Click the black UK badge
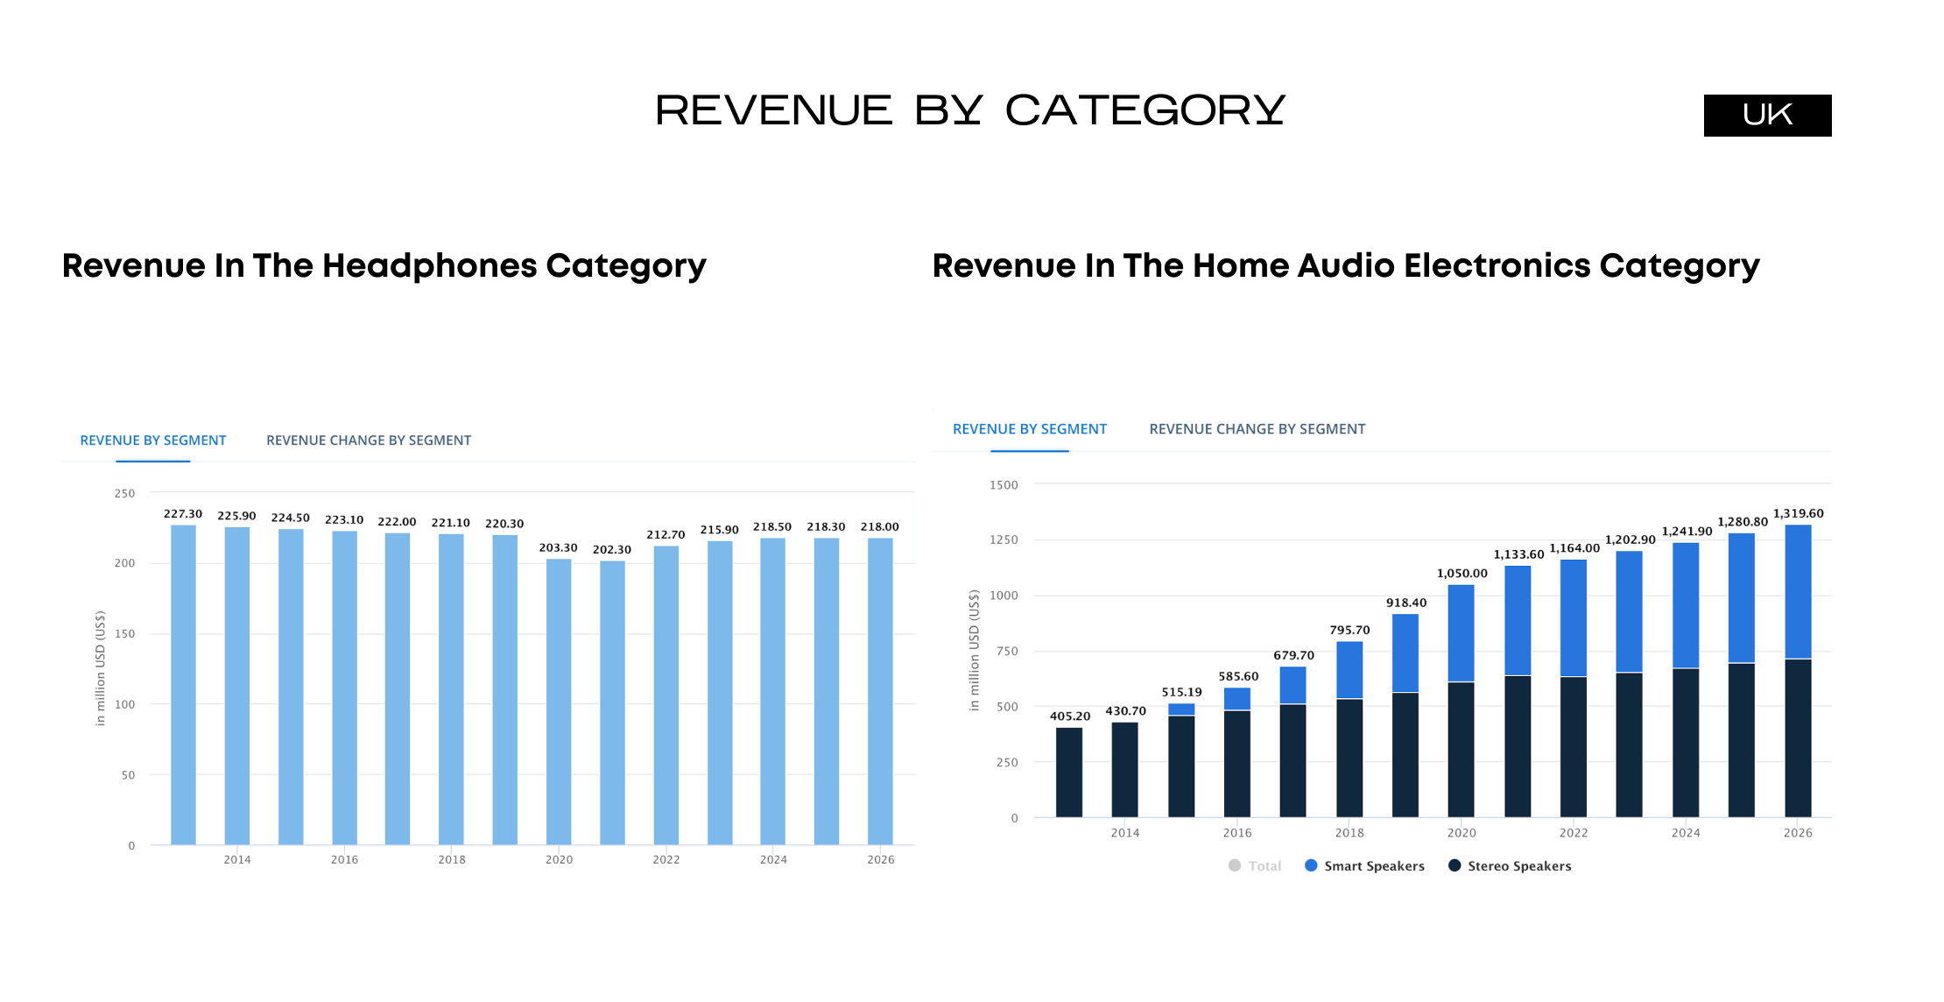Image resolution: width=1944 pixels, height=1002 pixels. pyautogui.click(x=1767, y=115)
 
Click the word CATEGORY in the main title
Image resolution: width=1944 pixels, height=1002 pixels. pyautogui.click(x=1145, y=110)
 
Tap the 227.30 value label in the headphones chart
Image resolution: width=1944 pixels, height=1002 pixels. pyautogui.click(x=183, y=514)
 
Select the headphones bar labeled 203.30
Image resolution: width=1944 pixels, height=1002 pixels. pyautogui.click(x=559, y=701)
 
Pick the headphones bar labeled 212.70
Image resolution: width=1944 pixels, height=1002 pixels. pyautogui.click(x=666, y=695)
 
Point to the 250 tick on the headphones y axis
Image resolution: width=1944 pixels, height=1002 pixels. pyautogui.click(x=124, y=493)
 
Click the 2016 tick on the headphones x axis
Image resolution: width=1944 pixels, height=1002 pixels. pyautogui.click(x=344, y=859)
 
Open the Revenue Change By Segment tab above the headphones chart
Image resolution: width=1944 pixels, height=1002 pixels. pyautogui.click(x=369, y=441)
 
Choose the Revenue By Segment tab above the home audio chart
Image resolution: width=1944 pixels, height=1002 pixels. pyautogui.click(x=1030, y=429)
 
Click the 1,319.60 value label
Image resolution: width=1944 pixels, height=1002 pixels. pyautogui.click(x=1798, y=513)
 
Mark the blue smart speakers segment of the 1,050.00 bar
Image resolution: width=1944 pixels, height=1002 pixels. pyautogui.click(x=1461, y=632)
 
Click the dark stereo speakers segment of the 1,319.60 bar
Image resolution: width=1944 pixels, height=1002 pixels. pyautogui.click(x=1798, y=737)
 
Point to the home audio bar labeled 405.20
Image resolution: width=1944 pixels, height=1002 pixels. pyautogui.click(x=1069, y=772)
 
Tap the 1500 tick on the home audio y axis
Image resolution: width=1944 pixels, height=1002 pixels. pyautogui.click(x=1004, y=485)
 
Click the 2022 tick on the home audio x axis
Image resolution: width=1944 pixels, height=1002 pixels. pyautogui.click(x=1574, y=833)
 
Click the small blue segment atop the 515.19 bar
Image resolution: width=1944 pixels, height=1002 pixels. pyautogui.click(x=1181, y=709)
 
